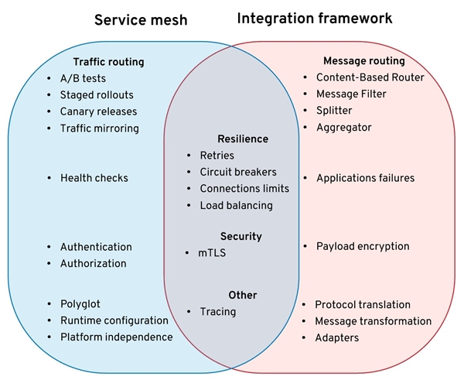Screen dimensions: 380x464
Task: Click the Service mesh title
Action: (142, 19)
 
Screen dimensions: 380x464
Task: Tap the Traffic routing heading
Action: (108, 61)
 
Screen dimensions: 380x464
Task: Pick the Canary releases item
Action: (98, 111)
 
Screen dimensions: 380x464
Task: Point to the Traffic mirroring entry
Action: (100, 128)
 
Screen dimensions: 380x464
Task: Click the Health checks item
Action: (94, 178)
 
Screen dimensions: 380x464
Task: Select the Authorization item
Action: (93, 263)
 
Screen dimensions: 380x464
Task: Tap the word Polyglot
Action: (80, 304)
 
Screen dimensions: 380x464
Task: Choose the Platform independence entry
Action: (116, 337)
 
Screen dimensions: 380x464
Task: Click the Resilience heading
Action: (243, 139)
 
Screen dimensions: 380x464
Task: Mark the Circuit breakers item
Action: (238, 172)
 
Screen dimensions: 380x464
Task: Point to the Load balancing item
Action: (236, 205)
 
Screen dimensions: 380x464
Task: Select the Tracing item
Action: (218, 311)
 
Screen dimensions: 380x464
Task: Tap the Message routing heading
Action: (363, 61)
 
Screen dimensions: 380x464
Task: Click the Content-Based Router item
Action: (370, 77)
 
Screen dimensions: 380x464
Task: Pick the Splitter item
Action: (334, 111)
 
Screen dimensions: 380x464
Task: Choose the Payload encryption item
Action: (363, 246)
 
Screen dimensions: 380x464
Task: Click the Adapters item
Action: (337, 337)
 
